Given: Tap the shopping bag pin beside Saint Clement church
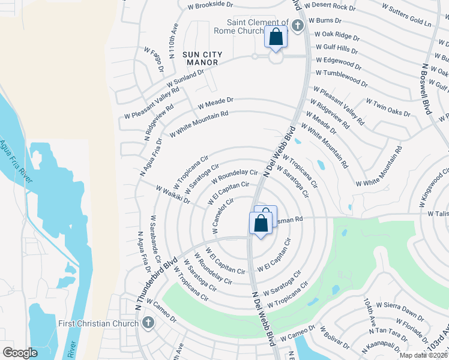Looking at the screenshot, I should tap(276, 37).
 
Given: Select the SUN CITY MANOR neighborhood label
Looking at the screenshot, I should tap(202, 58).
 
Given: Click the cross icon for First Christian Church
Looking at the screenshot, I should tap(148, 323).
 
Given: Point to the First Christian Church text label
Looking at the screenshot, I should tap(98, 324).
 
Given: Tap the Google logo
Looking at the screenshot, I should tap(20, 353).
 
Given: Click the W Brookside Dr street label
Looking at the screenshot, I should tap(210, 4).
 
